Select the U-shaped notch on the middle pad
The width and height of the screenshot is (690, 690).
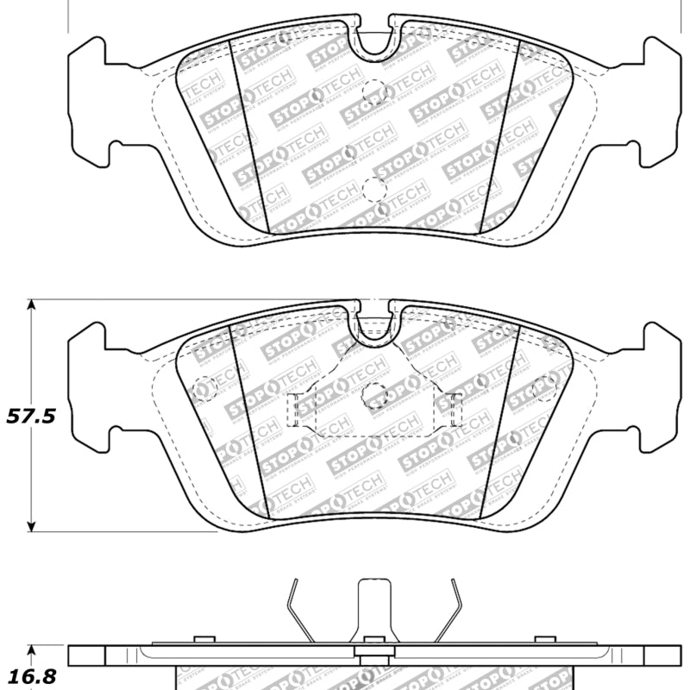(x=373, y=321)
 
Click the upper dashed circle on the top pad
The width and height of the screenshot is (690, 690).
(x=374, y=90)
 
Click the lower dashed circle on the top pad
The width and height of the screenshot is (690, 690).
(x=374, y=189)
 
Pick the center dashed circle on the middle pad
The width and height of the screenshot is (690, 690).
(x=374, y=395)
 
